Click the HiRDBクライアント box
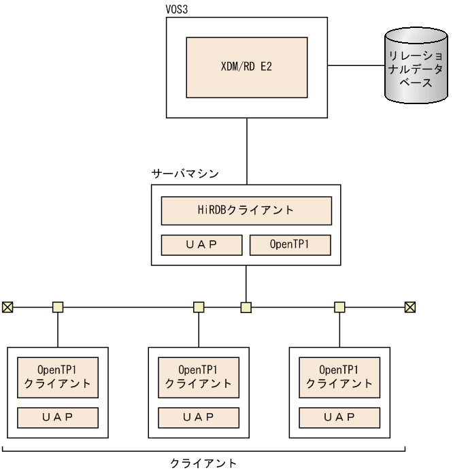click(246, 210)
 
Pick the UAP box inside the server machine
click(201, 244)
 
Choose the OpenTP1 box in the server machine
click(290, 244)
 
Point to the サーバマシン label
click(184, 174)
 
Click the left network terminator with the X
click(7, 308)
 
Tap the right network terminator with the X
click(410, 308)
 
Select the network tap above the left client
click(58, 308)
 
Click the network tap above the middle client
click(199, 308)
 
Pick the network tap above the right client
click(339, 308)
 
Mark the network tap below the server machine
click(246, 308)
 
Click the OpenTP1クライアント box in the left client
click(58, 376)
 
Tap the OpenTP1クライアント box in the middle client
click(199, 376)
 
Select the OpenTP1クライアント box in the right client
click(339, 376)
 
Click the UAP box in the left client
click(58, 416)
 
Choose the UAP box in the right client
click(339, 416)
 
